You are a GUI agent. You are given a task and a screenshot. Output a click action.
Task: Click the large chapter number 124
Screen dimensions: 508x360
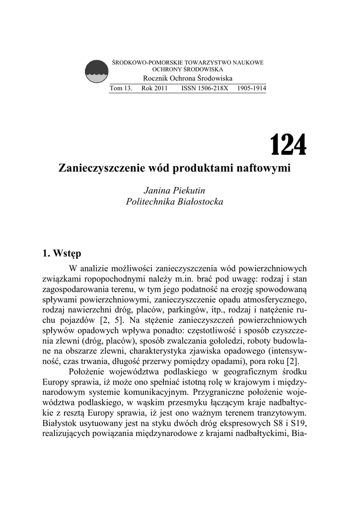[288, 145]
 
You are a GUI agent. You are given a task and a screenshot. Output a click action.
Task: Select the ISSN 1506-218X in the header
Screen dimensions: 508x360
[202, 88]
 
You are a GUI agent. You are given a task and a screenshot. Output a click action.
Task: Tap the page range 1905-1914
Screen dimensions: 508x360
[252, 88]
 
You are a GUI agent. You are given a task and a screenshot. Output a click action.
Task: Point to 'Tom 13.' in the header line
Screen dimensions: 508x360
[121, 88]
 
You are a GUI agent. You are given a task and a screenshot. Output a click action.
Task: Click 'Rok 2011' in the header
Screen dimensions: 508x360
[154, 88]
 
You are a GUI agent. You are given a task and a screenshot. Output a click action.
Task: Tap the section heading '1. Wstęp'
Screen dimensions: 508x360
[62, 254]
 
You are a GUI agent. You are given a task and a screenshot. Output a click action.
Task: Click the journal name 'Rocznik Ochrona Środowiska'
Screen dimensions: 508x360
[188, 79]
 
